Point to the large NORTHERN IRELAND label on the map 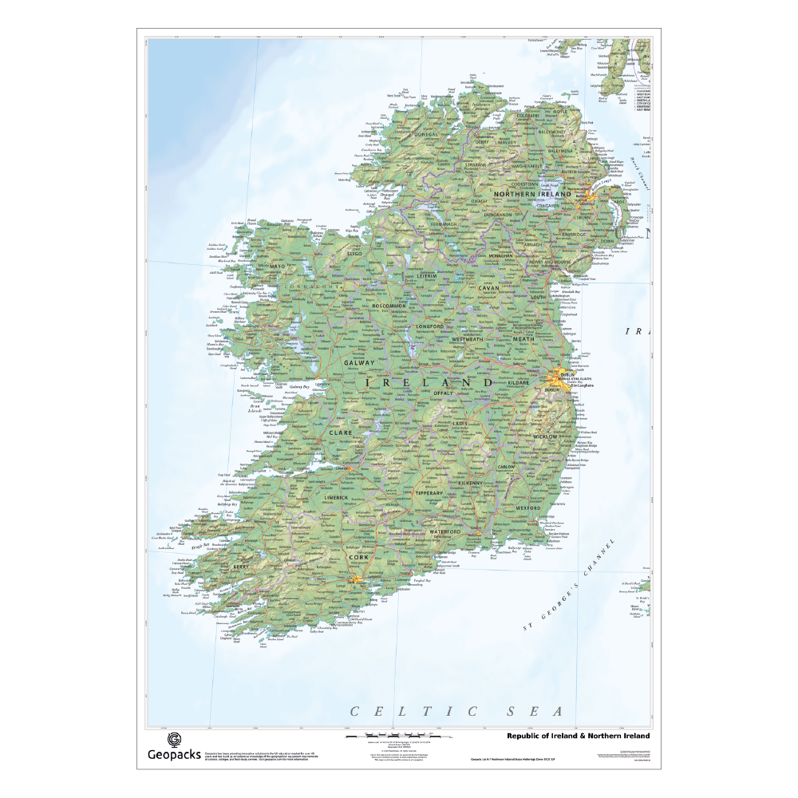[x=532, y=194]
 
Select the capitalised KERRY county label [x=242, y=567]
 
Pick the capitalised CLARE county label [x=339, y=433]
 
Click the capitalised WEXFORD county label [x=528, y=508]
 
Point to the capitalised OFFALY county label [x=443, y=393]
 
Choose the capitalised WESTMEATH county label [x=468, y=339]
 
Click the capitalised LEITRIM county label [x=427, y=276]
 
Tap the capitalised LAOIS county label [x=460, y=424]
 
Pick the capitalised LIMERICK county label [x=336, y=496]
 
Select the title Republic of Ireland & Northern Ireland [x=579, y=736]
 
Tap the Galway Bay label [x=299, y=387]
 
